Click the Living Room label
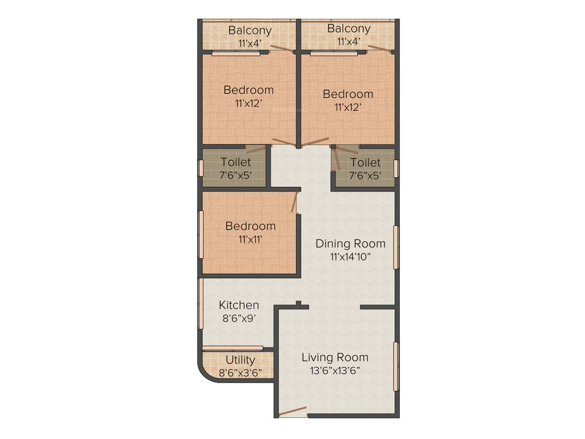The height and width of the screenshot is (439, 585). coord(335,358)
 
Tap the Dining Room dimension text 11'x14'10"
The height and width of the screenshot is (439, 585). coord(350,257)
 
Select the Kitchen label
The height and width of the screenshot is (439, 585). coord(239,305)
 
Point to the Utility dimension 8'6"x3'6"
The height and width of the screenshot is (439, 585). coord(240,373)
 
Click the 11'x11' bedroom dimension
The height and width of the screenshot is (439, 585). coord(250,240)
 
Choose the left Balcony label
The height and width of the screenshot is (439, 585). coord(250,30)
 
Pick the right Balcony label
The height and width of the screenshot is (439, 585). coord(348,29)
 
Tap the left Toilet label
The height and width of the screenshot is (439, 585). coord(235,162)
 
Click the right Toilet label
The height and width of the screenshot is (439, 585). coord(365,162)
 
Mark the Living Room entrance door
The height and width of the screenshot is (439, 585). coord(292,411)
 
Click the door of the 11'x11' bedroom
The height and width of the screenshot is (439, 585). coord(294,203)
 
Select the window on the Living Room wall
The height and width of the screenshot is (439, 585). coord(396,366)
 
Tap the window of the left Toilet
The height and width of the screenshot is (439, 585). coord(201,168)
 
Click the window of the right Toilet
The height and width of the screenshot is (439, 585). coord(396,169)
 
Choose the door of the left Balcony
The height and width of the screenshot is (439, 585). coord(282,49)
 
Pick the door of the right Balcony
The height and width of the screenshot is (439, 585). coord(380,49)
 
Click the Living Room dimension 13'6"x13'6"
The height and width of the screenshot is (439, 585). coord(335,370)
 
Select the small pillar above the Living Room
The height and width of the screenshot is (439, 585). coord(298,304)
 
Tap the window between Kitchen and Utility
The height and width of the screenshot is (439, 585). coord(233,348)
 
